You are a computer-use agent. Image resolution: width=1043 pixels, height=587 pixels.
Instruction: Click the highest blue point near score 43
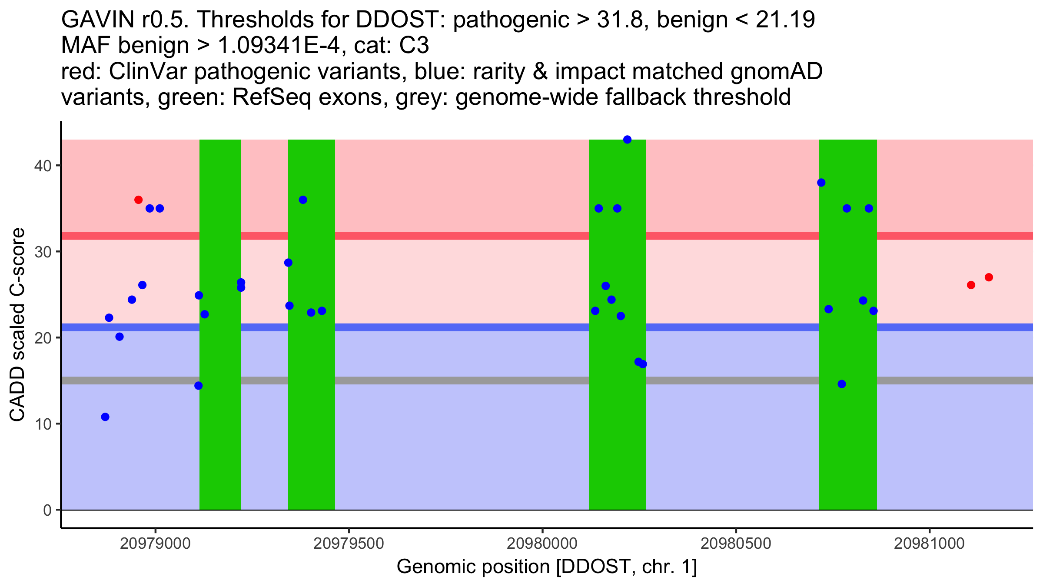pos(627,140)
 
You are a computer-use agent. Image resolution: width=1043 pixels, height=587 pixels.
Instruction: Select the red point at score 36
pos(138,200)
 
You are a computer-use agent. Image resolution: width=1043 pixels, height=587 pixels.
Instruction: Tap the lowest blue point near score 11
pos(105,417)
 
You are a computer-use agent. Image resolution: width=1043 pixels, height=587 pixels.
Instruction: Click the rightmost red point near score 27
pos(989,277)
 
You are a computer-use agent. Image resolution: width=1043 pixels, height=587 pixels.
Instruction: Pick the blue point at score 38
pos(821,183)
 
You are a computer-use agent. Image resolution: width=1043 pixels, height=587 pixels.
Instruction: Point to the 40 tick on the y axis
pos(56,166)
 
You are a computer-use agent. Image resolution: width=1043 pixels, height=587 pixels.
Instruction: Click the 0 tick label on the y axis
pos(47,510)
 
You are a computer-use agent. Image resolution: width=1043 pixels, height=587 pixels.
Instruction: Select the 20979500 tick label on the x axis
pos(349,544)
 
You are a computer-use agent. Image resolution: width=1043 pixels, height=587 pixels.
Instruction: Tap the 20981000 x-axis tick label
pos(929,544)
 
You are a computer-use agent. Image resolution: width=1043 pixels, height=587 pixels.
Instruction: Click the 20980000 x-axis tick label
pos(542,544)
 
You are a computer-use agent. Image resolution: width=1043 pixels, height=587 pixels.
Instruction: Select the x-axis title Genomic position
pos(547,567)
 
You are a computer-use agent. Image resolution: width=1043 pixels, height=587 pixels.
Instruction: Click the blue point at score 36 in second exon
pos(303,200)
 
